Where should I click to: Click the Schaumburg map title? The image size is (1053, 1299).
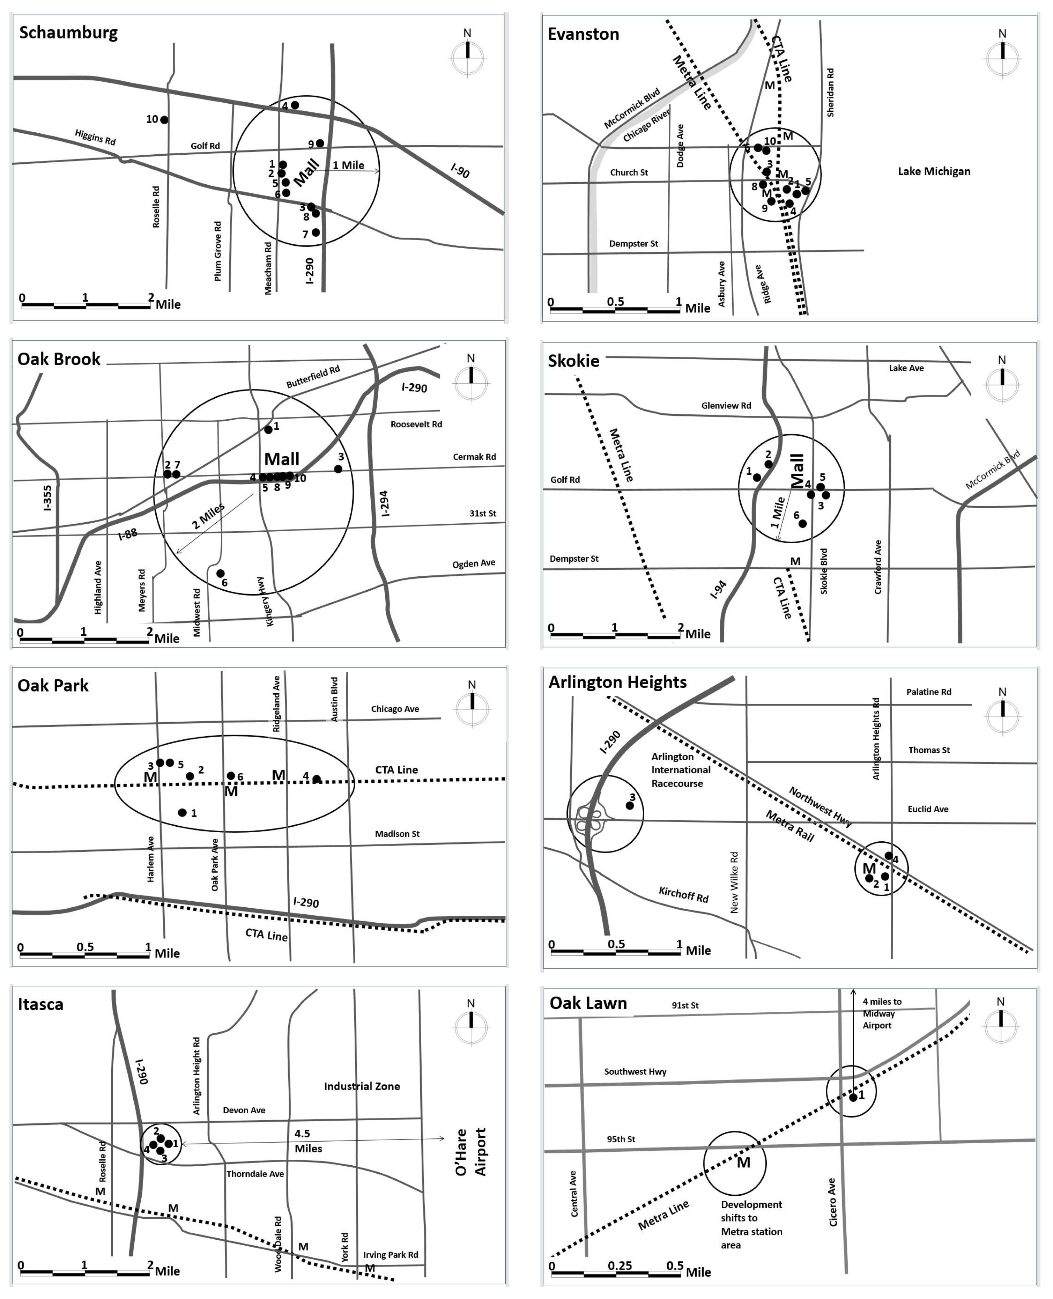tap(68, 33)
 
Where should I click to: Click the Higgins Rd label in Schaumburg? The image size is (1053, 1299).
tap(95, 137)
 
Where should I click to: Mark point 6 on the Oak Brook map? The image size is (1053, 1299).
tap(221, 573)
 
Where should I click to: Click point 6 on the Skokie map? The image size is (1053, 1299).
tap(802, 523)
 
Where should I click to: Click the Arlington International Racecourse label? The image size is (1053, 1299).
tap(681, 770)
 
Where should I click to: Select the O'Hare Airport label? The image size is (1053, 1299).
tap(471, 1152)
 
